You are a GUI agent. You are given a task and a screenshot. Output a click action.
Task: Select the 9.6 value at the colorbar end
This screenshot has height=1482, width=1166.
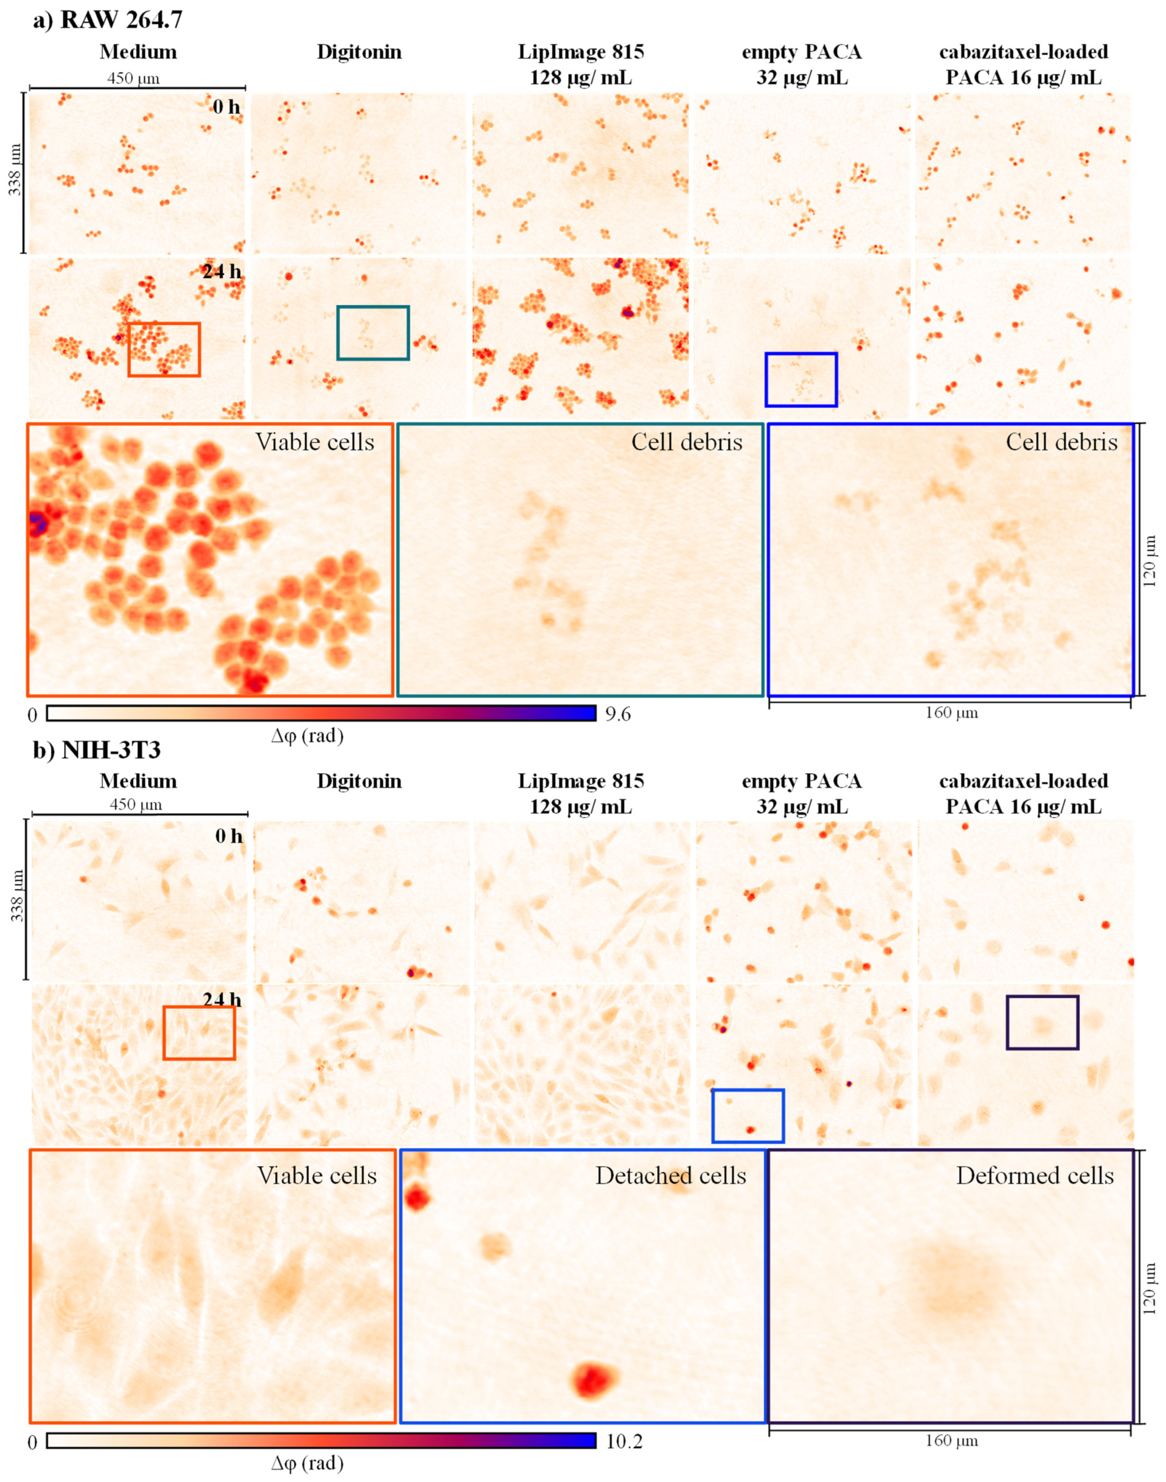[x=618, y=714]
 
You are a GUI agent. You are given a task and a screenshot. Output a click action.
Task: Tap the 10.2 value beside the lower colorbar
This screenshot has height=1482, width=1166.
[x=623, y=1442]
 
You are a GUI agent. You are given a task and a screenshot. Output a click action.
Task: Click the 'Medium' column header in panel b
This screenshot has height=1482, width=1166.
[x=138, y=781]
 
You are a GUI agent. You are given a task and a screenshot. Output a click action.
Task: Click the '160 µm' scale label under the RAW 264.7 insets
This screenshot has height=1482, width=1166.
[x=951, y=713]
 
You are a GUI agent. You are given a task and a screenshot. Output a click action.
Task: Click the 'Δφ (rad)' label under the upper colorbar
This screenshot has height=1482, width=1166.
[x=307, y=736]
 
